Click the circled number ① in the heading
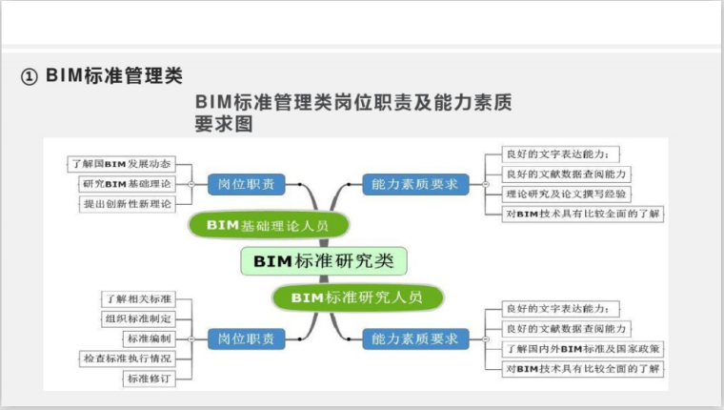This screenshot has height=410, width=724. click(x=30, y=77)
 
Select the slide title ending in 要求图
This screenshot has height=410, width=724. click(x=352, y=113)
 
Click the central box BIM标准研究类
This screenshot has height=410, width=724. click(x=323, y=259)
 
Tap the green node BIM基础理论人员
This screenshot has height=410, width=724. click(x=268, y=225)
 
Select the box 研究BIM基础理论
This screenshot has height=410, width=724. click(x=127, y=183)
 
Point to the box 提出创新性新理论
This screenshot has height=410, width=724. click(x=127, y=203)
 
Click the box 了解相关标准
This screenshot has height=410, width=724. click(x=139, y=299)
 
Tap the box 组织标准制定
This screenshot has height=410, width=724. click(x=139, y=318)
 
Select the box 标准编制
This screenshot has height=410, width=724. click(x=149, y=338)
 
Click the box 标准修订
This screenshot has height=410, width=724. click(x=149, y=379)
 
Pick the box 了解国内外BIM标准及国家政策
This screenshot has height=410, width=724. click(x=582, y=349)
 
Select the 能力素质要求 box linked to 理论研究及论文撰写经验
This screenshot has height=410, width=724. click(x=415, y=183)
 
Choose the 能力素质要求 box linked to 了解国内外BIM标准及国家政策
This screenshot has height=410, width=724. click(x=415, y=338)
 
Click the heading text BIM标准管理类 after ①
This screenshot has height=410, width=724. click(x=113, y=76)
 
